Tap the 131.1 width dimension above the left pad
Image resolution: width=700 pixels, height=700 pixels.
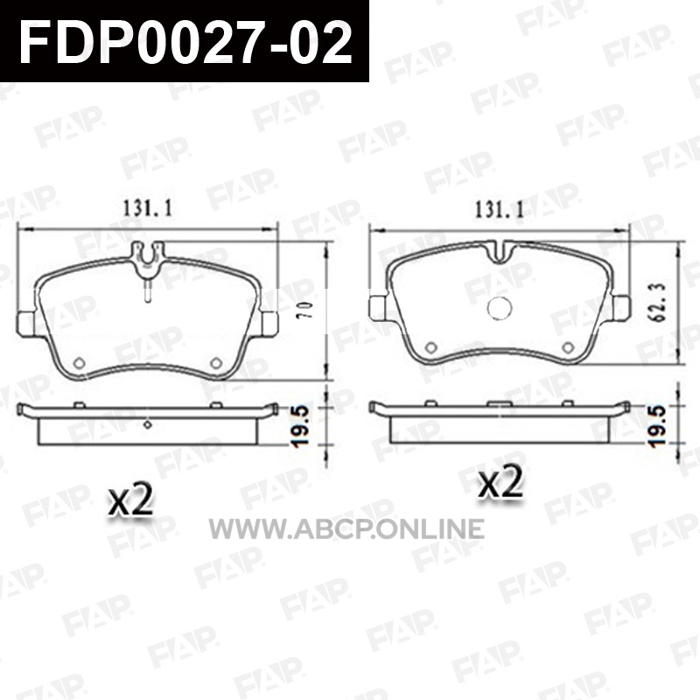[147, 208]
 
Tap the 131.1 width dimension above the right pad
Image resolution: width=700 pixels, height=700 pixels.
[499, 208]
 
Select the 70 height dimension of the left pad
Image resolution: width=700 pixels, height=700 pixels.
[309, 311]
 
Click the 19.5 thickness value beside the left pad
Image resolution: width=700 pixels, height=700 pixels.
[301, 426]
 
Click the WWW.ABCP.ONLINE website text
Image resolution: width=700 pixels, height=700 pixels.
[346, 528]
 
